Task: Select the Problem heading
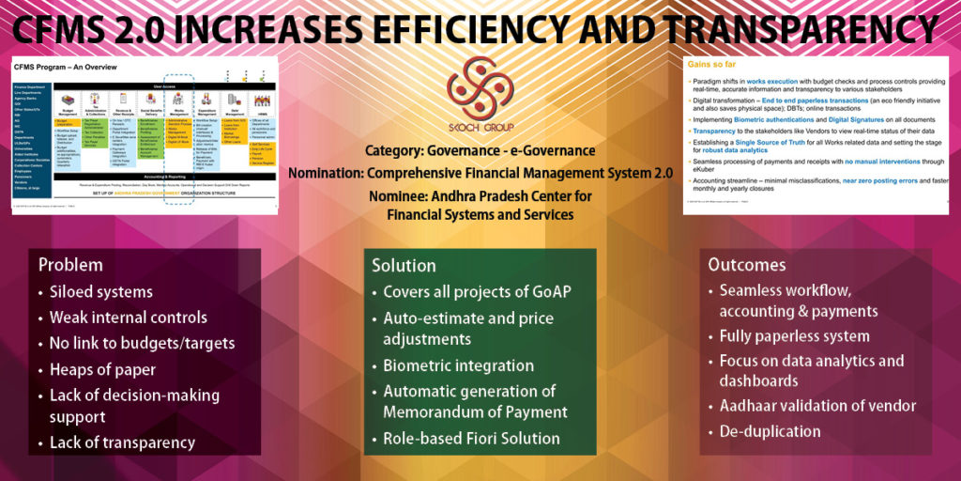[70, 265]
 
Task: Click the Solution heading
[404, 265]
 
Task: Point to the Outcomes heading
[746, 265]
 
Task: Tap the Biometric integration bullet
[458, 365]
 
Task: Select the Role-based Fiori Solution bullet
[471, 438]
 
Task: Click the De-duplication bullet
[770, 431]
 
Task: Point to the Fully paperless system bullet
[794, 335]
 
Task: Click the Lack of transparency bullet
[122, 442]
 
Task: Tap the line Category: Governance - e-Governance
[480, 150]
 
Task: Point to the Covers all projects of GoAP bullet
[477, 291]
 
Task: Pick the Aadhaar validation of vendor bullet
[817, 406]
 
